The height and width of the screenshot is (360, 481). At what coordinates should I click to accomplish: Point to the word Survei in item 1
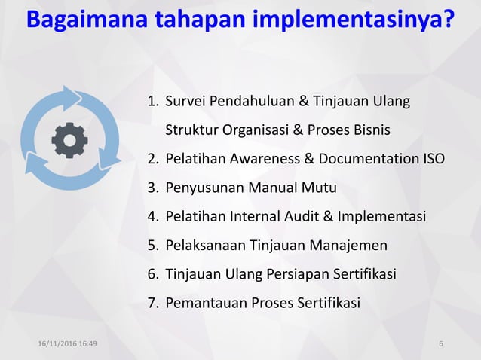(x=185, y=101)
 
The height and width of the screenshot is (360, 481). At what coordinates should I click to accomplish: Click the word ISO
(x=434, y=159)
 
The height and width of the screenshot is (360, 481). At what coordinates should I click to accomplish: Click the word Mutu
(x=320, y=188)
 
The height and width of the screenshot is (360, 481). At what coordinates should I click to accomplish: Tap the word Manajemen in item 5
(x=348, y=246)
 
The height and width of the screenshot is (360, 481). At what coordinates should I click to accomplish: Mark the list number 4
(x=152, y=217)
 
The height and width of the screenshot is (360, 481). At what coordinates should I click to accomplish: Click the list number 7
(x=152, y=304)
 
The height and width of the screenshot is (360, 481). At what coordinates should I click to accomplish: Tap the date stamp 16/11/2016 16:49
(x=72, y=345)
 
